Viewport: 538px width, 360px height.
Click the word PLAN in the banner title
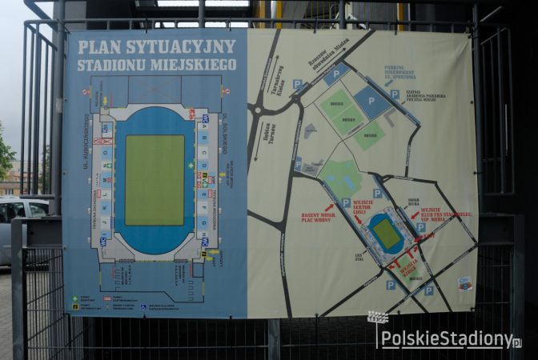pyautogui.click(x=100, y=47)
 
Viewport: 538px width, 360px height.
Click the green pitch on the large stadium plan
pyautogui.click(x=155, y=180)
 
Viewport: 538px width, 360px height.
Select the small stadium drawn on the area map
pyautogui.click(x=387, y=234)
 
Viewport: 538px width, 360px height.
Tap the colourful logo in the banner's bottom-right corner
pyautogui.click(x=464, y=283)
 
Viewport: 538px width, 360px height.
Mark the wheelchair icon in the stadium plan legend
pyautogui.click(x=143, y=306)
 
